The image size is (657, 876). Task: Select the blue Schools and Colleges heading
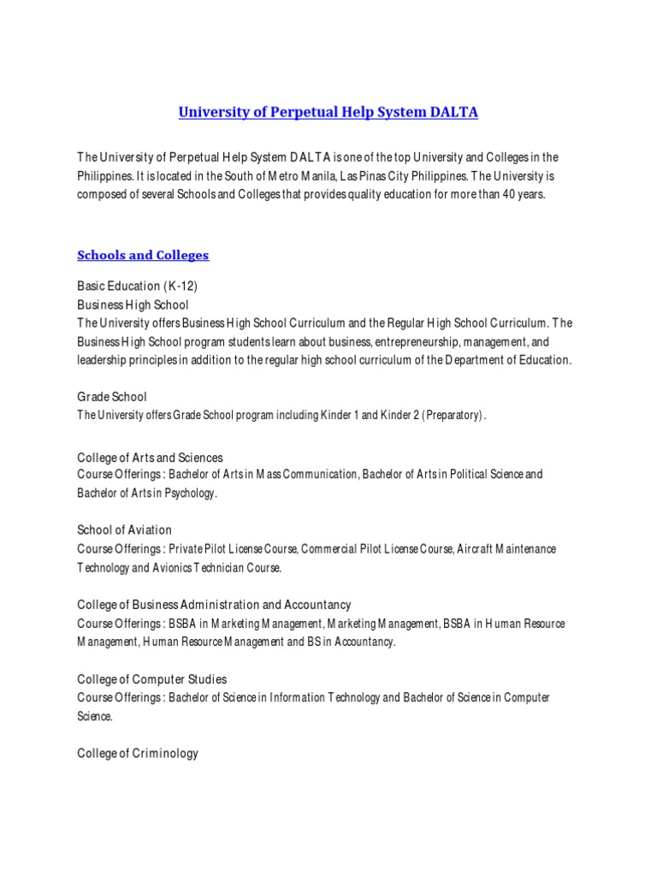pyautogui.click(x=143, y=255)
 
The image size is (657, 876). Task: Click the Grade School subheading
pyautogui.click(x=112, y=397)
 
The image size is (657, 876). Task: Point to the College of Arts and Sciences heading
pyautogui.click(x=150, y=458)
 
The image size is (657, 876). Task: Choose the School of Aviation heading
pyautogui.click(x=124, y=530)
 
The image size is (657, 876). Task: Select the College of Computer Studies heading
pyautogui.click(x=151, y=679)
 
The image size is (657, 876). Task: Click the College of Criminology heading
pyautogui.click(x=138, y=754)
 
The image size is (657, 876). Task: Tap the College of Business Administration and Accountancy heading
pyautogui.click(x=214, y=605)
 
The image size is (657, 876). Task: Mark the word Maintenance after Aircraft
pyautogui.click(x=521, y=548)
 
